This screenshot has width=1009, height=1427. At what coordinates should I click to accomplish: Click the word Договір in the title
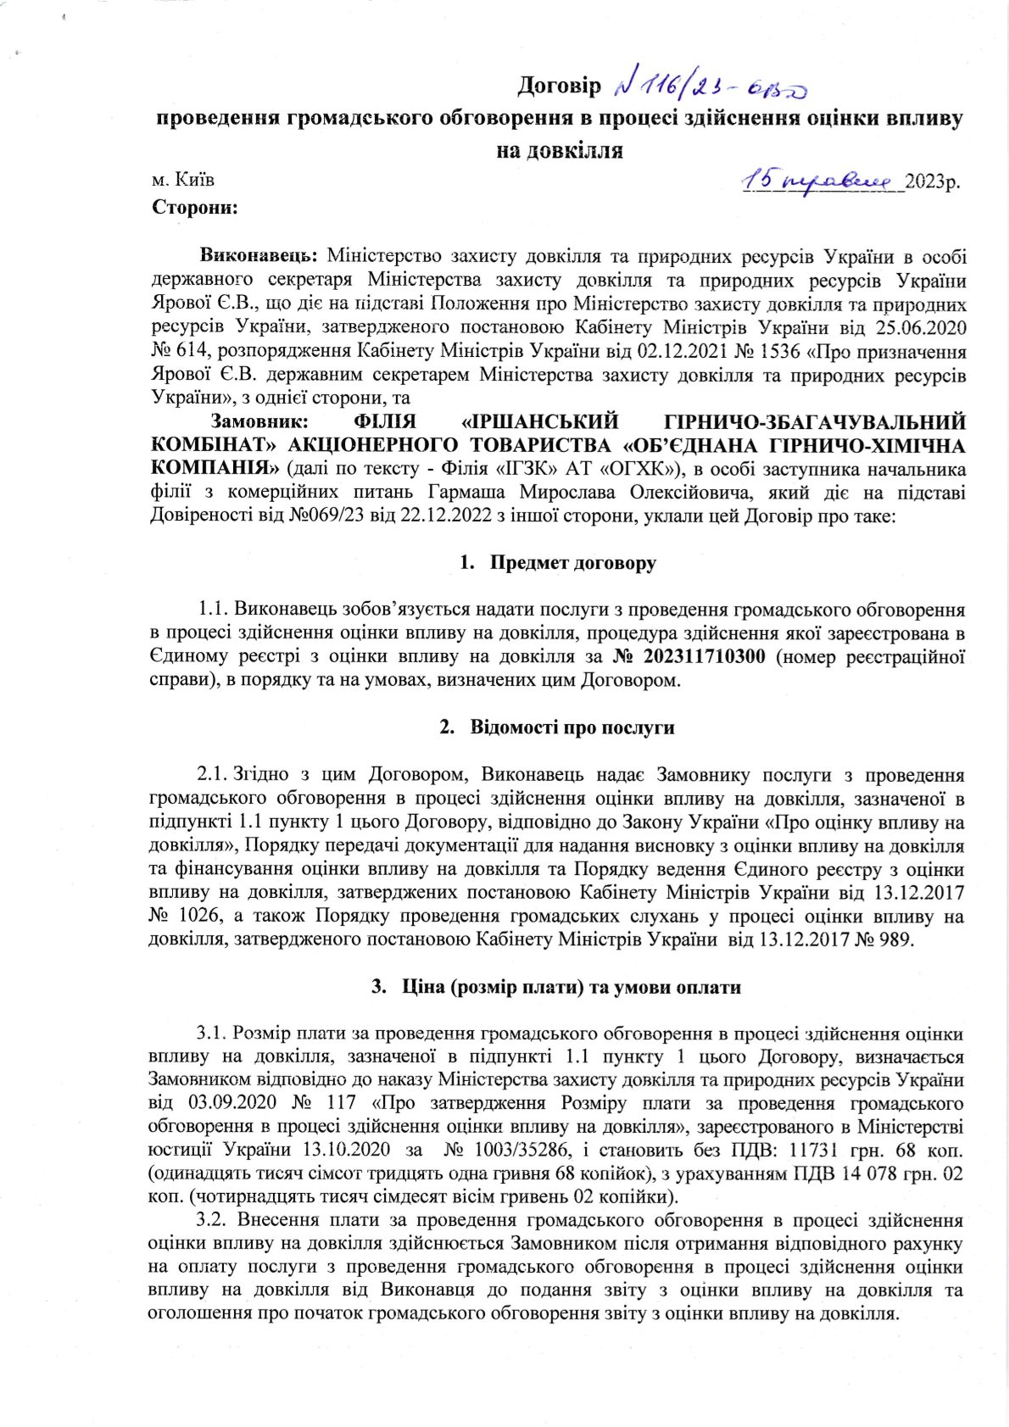coord(559,86)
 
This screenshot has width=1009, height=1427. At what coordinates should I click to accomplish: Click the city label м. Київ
coord(182,181)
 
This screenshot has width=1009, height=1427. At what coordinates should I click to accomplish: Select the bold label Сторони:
coord(194,207)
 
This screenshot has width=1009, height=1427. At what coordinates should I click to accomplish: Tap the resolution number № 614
coord(181,350)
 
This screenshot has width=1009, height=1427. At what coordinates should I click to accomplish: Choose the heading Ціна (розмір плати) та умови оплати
coord(571,987)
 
